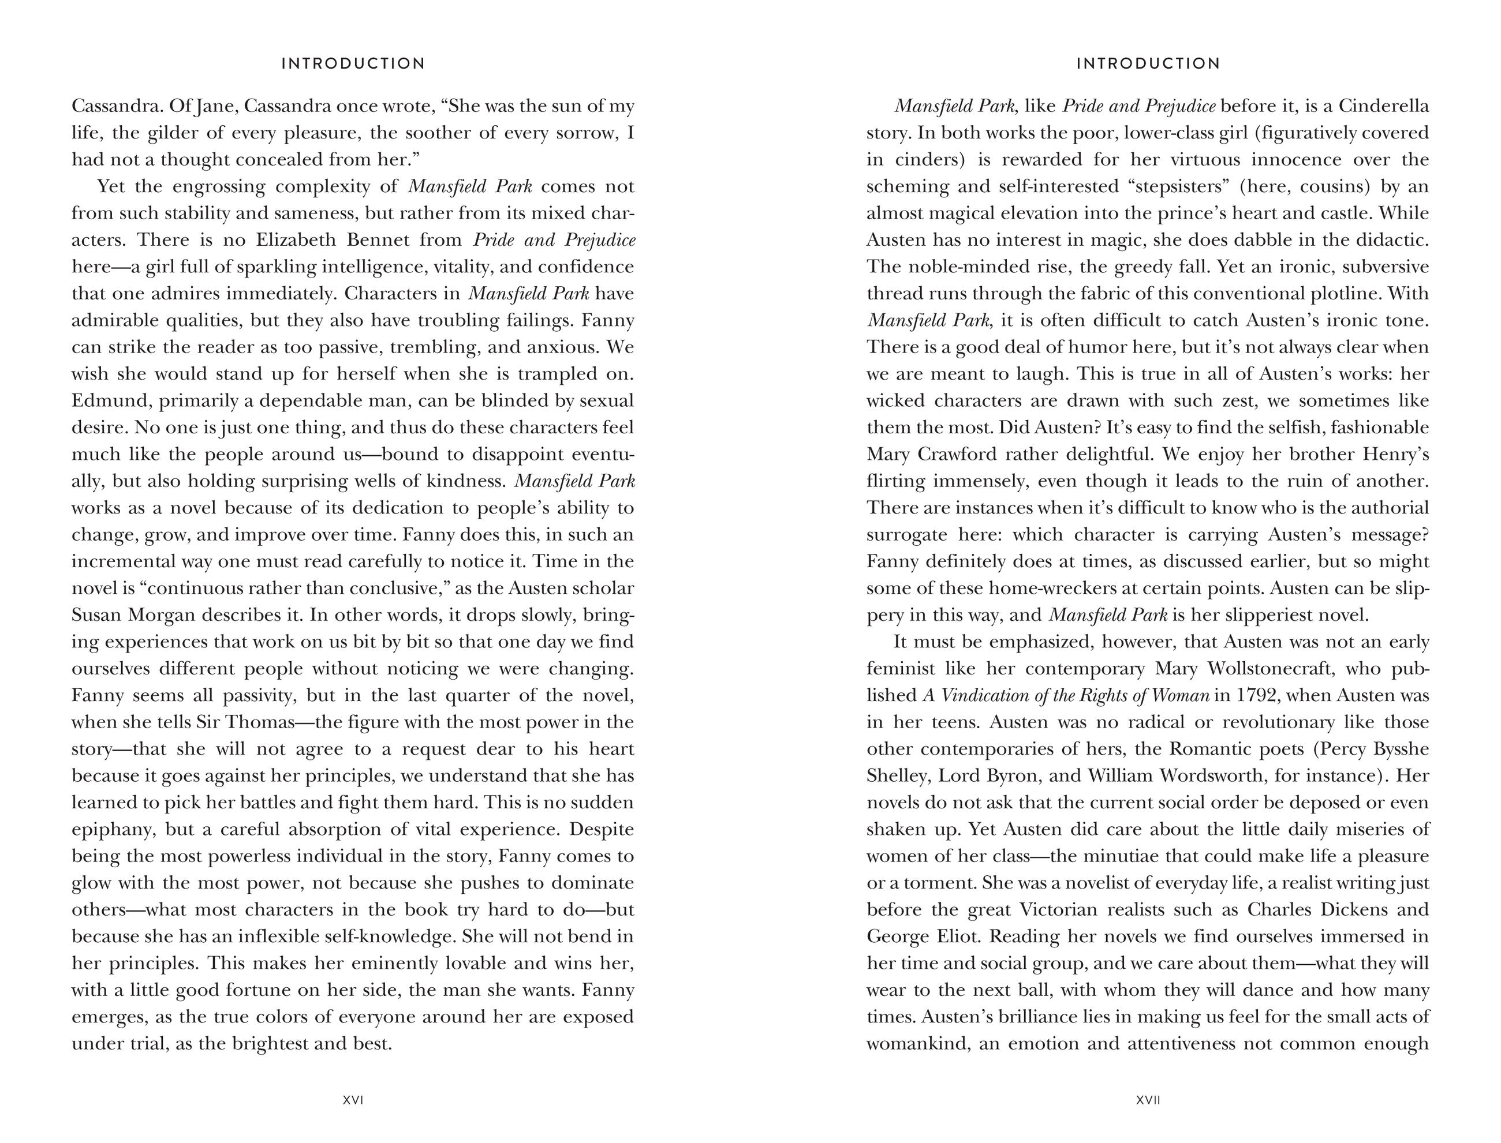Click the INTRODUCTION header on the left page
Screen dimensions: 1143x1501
point(353,64)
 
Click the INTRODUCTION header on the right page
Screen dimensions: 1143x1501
point(1148,64)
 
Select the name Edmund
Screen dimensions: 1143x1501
point(110,401)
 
